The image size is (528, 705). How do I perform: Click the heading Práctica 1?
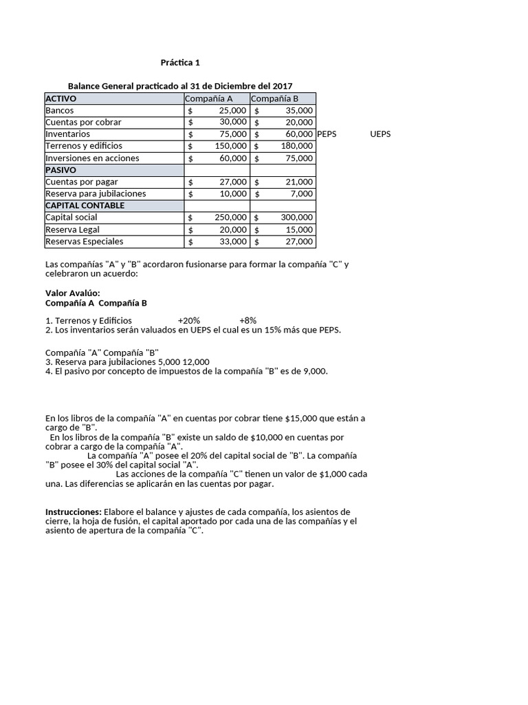(x=180, y=63)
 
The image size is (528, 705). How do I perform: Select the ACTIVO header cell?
(x=61, y=98)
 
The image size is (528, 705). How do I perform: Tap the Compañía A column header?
(x=209, y=98)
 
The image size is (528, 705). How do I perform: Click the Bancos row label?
(x=60, y=110)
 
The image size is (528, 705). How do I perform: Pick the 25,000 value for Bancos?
(x=232, y=110)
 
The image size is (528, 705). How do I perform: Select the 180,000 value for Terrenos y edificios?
(x=297, y=146)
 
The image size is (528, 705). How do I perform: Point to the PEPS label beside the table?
(x=327, y=134)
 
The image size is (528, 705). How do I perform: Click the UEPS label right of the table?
(x=380, y=134)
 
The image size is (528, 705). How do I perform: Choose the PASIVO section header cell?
(x=60, y=170)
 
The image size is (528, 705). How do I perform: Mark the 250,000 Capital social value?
(x=230, y=218)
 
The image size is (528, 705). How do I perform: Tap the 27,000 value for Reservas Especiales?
(x=299, y=242)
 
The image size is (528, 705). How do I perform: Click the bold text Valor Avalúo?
(x=73, y=293)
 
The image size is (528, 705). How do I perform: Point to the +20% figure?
(x=188, y=321)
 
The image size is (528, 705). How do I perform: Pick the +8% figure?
(x=247, y=321)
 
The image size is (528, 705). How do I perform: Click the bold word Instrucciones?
(x=74, y=512)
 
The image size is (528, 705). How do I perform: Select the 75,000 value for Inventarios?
(x=232, y=134)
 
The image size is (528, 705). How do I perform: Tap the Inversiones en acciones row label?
(x=92, y=158)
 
